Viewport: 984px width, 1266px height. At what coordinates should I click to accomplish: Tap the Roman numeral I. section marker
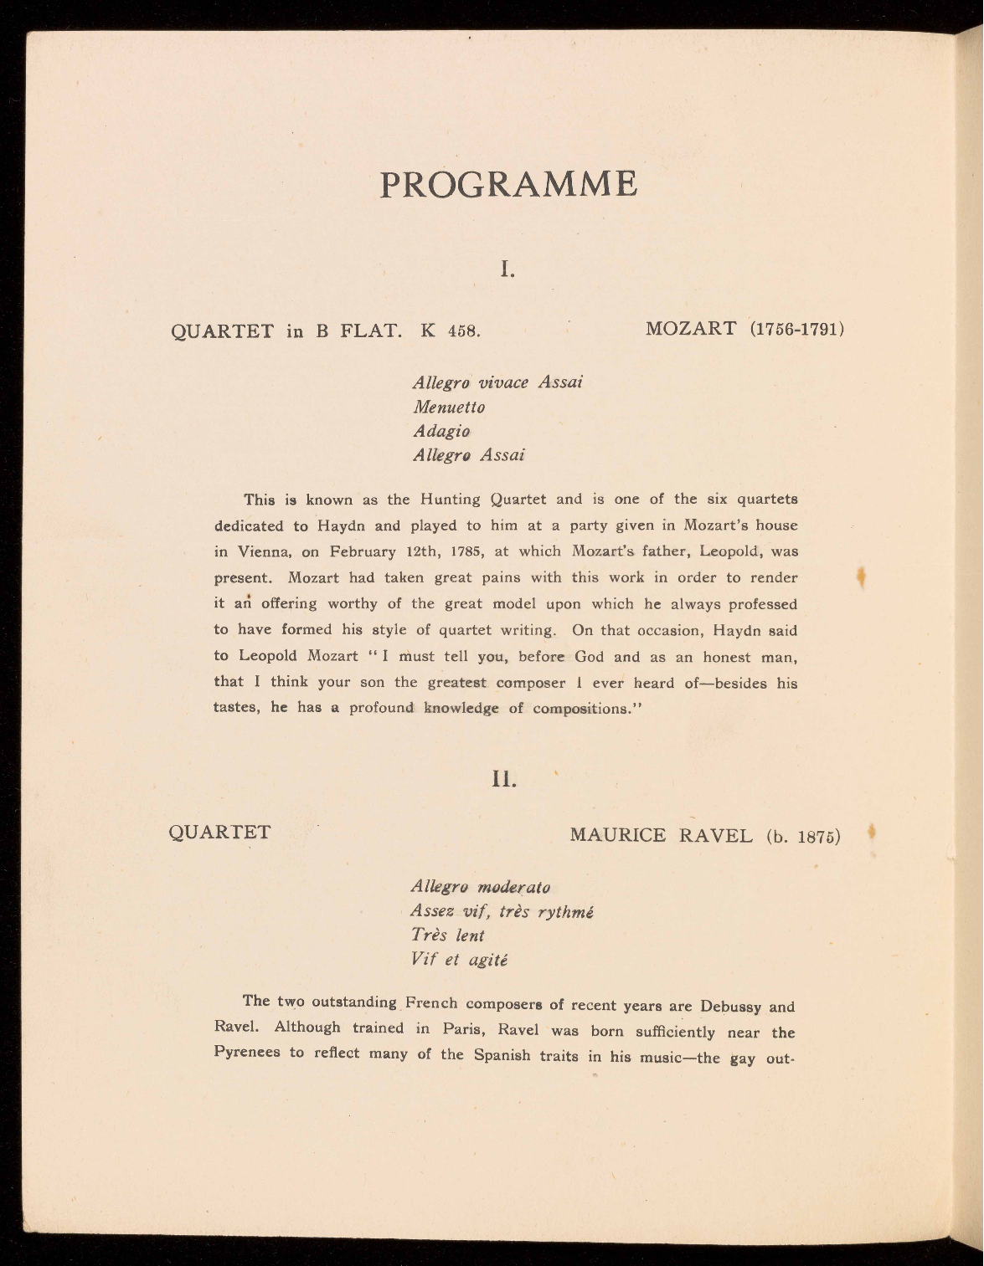[x=507, y=269]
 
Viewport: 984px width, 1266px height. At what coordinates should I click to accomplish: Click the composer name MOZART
[x=691, y=328]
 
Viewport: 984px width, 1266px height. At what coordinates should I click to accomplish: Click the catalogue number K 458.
[x=450, y=330]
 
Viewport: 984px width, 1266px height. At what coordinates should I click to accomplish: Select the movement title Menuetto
[x=449, y=407]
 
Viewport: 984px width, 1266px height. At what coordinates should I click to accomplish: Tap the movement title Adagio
[x=441, y=432]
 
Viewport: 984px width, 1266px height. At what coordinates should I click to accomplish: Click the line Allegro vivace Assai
[x=497, y=382]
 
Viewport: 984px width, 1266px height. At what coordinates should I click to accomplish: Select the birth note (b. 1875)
[x=802, y=837]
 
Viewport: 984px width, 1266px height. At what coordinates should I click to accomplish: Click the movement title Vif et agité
[x=459, y=960]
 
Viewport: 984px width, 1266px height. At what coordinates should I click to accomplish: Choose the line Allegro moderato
[x=480, y=886]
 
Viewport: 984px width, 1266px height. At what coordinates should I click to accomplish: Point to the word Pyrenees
[x=247, y=1053]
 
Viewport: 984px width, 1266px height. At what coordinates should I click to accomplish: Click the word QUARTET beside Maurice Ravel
[x=220, y=833]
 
